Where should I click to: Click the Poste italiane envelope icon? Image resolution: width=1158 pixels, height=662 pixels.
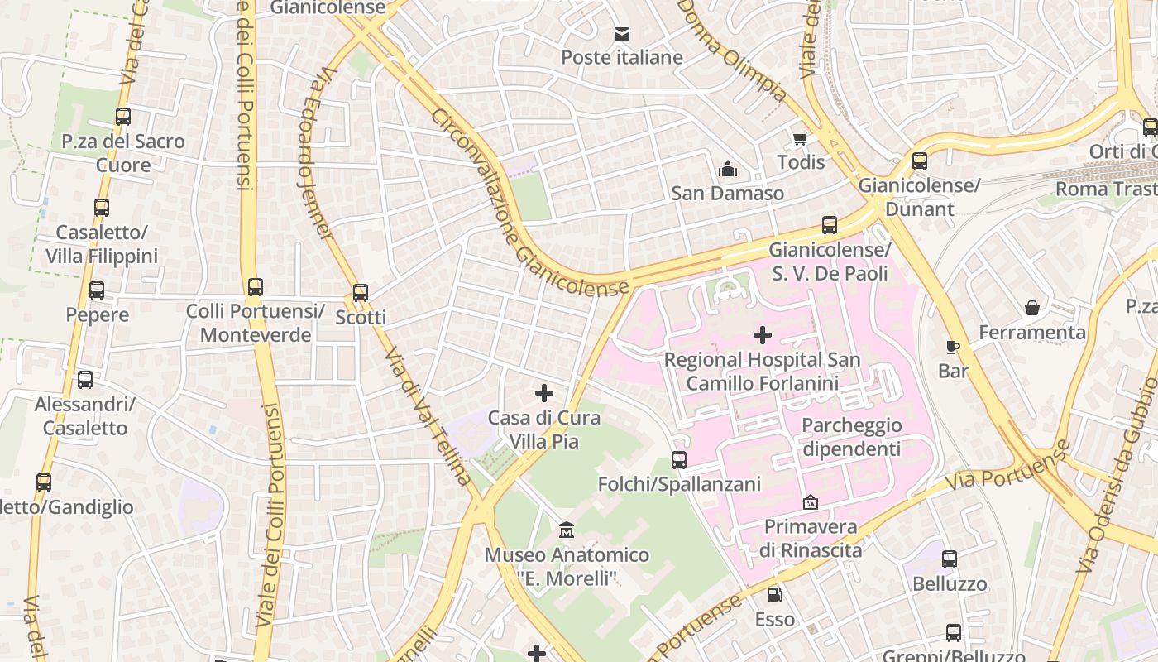tap(621, 34)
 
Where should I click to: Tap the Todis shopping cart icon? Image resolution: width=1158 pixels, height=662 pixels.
tap(800, 138)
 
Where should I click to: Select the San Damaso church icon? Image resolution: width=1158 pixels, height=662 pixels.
tap(728, 169)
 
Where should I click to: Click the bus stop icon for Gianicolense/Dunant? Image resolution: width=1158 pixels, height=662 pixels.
tap(920, 161)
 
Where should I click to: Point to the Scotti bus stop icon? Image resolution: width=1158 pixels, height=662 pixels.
tap(361, 293)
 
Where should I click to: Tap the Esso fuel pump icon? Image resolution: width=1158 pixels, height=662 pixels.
tap(774, 594)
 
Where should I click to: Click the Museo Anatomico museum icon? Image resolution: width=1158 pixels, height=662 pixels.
tap(567, 530)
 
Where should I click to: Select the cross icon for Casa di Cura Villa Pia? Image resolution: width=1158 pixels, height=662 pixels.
tap(543, 393)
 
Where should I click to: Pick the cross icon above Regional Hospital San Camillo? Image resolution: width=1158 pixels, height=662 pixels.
tap(763, 335)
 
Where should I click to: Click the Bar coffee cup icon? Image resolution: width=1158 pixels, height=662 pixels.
tap(953, 347)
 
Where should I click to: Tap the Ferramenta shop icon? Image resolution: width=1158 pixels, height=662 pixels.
tap(1032, 308)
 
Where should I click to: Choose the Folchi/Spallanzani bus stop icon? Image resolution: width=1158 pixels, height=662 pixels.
tap(679, 459)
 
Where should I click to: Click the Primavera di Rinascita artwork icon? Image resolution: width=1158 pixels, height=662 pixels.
tap(811, 502)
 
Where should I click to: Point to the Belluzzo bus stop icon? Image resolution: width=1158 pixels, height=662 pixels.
tap(950, 559)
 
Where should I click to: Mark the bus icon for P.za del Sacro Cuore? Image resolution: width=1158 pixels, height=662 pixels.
tap(123, 117)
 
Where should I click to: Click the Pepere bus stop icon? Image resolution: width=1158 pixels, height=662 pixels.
tap(97, 290)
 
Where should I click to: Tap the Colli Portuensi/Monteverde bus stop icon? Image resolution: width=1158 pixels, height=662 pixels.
tap(256, 287)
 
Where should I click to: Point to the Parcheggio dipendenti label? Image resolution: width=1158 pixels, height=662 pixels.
tap(851, 437)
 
